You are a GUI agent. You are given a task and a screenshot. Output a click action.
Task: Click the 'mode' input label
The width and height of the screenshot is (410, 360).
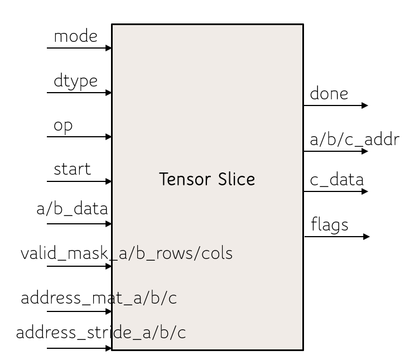[x=75, y=37]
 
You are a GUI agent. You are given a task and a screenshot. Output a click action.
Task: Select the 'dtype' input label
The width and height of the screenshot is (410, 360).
[x=75, y=81]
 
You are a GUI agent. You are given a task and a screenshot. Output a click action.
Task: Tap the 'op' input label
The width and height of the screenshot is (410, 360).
[x=63, y=126]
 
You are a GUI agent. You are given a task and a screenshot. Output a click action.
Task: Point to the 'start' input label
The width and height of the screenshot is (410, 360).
[x=72, y=169]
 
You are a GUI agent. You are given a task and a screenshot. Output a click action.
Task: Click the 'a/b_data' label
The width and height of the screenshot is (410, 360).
[x=72, y=210]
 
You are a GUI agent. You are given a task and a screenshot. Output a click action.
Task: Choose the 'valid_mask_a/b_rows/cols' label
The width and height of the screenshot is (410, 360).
[x=127, y=254]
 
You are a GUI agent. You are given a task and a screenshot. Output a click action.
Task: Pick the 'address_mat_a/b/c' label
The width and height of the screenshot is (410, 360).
[x=99, y=298]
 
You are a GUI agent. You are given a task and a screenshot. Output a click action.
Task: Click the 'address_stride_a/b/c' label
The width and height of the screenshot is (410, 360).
[x=100, y=333]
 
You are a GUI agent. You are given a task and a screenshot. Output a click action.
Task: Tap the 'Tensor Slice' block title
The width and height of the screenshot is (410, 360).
[x=207, y=180]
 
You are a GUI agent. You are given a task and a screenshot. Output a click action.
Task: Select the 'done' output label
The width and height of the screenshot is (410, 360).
[x=329, y=94]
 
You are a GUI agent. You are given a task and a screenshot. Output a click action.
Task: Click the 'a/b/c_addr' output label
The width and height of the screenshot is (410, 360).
[x=355, y=140]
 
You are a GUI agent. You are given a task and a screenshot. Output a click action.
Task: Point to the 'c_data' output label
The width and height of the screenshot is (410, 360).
[x=337, y=180]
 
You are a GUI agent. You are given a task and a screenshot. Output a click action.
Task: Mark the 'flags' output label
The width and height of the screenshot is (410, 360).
[x=329, y=225]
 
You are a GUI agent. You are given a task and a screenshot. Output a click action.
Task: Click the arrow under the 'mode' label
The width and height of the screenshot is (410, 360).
[x=79, y=48]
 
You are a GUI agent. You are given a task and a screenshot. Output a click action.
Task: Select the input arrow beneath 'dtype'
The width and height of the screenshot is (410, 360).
[x=79, y=93]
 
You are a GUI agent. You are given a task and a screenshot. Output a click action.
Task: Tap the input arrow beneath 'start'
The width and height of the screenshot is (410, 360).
[x=79, y=181]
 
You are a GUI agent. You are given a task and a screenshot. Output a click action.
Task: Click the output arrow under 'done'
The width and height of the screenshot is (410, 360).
[x=336, y=105]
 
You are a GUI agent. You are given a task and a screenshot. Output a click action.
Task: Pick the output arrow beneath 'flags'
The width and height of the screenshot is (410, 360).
[x=337, y=237]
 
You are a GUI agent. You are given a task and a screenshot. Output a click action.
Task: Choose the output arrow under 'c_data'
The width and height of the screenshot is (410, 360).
[x=336, y=191]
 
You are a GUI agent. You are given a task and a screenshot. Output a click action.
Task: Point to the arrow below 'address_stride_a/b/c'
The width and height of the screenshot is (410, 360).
[x=79, y=349]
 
